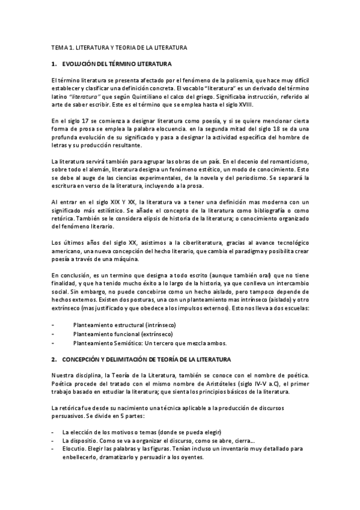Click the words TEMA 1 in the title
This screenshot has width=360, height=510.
[63, 47]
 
